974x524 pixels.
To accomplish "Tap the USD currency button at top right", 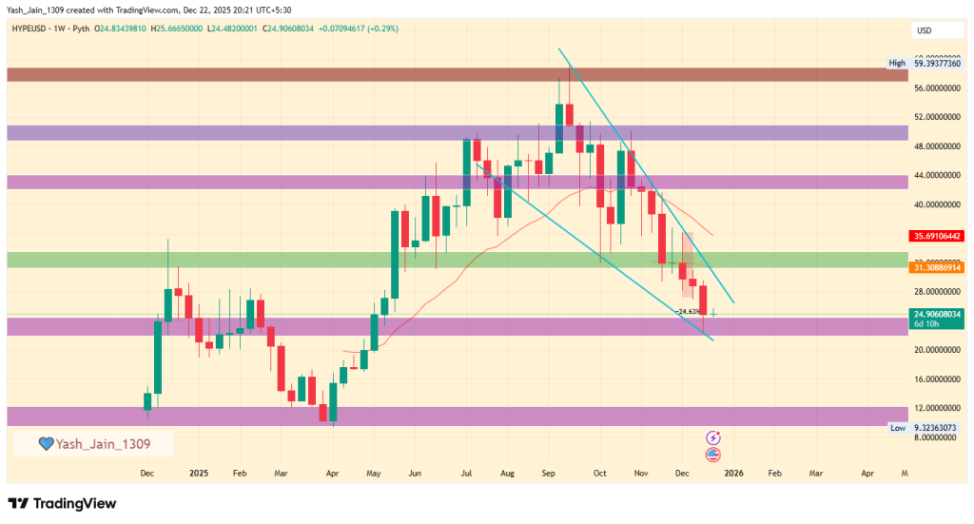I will point(924,30).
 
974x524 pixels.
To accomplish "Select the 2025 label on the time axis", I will point(198,472).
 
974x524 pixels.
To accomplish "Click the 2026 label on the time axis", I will point(732,472).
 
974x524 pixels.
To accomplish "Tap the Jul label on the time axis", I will point(466,472).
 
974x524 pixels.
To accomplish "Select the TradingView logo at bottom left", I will point(62,503).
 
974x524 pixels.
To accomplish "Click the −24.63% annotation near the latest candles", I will point(687,311).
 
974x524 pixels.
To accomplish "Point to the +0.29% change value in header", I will point(382,29).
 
